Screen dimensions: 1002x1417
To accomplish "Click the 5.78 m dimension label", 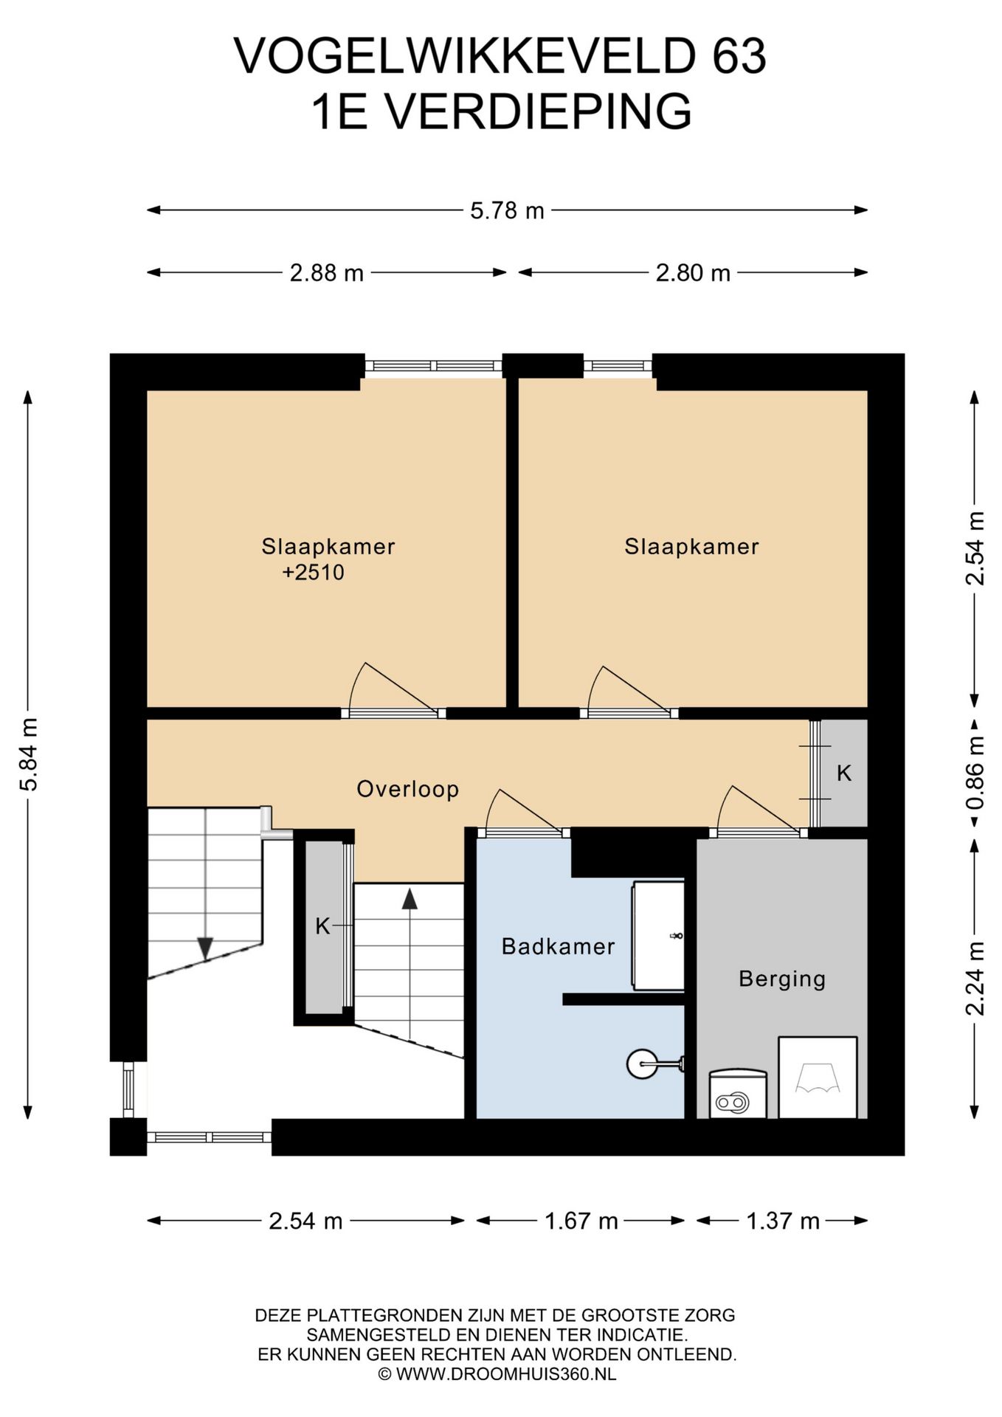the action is tap(507, 211).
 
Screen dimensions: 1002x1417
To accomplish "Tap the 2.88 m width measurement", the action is tap(326, 273).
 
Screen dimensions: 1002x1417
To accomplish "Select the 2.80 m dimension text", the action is tap(693, 273).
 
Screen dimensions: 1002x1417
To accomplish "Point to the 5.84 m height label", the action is tap(29, 754).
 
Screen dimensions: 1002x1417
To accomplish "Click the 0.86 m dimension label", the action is tap(975, 772).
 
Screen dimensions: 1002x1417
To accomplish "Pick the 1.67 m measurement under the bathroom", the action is tap(581, 1221).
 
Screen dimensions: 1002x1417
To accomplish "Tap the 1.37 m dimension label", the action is tap(783, 1221).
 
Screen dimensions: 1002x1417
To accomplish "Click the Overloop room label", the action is tap(408, 789).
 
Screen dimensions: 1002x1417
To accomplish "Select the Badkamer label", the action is tap(558, 946).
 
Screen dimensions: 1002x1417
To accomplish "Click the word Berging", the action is tap(782, 979).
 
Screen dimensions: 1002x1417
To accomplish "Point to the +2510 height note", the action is tap(313, 573).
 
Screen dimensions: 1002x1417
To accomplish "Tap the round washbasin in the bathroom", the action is tap(640, 1064).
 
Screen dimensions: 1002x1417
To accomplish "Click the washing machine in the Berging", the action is tap(818, 1077).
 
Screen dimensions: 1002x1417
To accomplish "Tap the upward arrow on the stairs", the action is tap(410, 899).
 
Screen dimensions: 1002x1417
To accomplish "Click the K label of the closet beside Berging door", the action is tap(844, 773).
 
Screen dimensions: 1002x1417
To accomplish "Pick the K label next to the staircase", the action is tap(322, 926).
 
